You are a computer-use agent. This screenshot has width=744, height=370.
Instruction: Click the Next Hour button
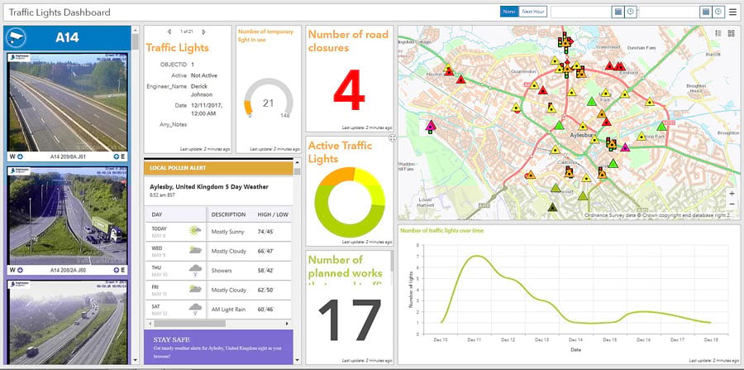534,12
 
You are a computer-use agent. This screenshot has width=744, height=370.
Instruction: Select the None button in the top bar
509,12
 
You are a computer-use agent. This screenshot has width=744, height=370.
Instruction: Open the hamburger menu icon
732,12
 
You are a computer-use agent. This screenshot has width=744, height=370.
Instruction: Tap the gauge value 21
268,103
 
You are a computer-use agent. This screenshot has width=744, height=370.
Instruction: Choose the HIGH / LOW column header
273,214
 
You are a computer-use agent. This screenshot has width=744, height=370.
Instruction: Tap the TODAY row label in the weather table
159,228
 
